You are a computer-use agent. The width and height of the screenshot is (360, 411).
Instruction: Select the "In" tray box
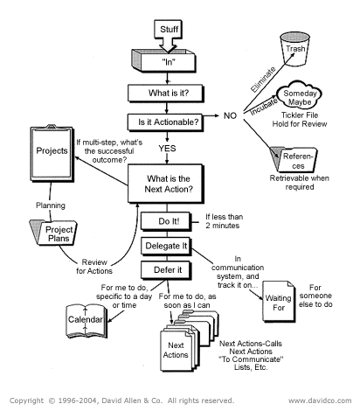[x=172, y=64]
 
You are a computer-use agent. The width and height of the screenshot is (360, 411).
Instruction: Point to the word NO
[x=231, y=115]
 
